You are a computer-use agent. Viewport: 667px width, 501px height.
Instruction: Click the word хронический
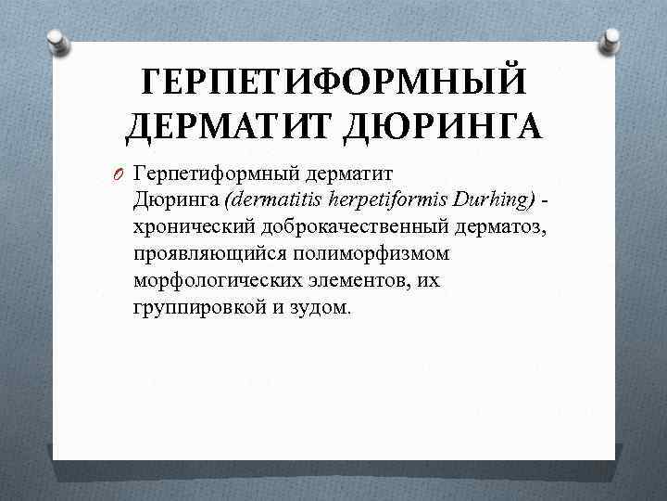[192, 226]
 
